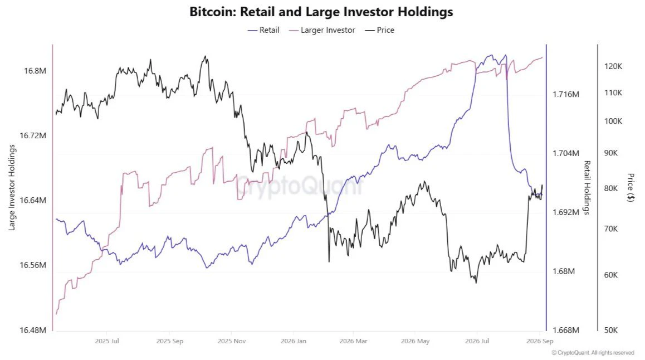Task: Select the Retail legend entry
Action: pos(263,30)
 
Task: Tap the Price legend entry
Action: pos(380,30)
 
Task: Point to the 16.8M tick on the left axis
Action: pos(35,71)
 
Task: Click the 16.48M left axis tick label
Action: pos(33,330)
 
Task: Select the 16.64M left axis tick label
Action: pos(33,201)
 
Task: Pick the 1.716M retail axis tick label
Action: pos(565,94)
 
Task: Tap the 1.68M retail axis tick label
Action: pos(564,271)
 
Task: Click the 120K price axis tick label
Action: pos(613,66)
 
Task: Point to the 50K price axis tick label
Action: pos(611,330)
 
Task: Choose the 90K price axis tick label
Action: pos(611,153)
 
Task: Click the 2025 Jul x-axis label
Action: pos(107,341)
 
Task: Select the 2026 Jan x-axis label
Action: pos(294,341)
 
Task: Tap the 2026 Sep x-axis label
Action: pos(540,341)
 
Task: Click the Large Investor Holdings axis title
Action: pos(12,188)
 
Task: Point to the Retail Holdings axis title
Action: pos(587,188)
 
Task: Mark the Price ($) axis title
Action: pos(631,188)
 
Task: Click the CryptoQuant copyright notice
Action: pos(593,353)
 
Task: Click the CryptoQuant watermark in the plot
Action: pos(299,185)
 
